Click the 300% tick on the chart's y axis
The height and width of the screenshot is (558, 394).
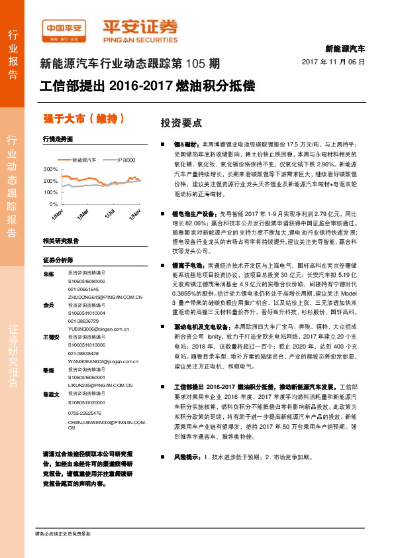50,170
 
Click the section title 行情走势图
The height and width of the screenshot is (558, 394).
56,140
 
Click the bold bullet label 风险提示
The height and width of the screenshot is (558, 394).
187,457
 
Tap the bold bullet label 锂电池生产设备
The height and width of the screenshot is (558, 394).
195,214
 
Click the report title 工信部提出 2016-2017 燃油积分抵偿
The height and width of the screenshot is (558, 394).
147,86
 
